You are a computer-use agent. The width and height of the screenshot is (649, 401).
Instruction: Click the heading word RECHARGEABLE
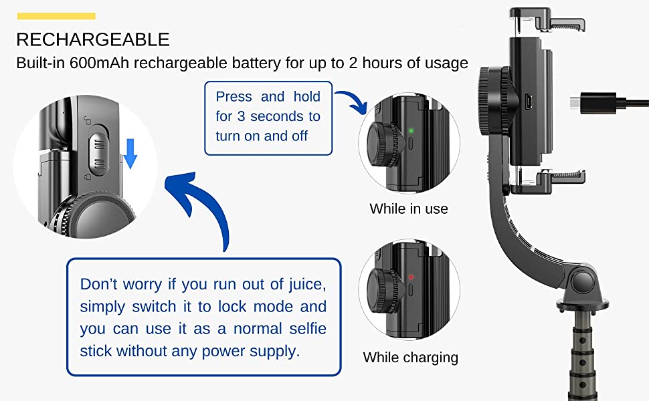tap(93, 39)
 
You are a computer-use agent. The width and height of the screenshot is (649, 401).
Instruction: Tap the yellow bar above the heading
tap(56, 16)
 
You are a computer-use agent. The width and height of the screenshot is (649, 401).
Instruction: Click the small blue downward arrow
tap(130, 153)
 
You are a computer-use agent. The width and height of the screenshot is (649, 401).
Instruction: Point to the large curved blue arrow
tap(201, 207)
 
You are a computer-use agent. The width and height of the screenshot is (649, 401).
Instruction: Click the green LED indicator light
tap(410, 130)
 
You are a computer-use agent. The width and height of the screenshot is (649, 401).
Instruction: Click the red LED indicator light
tap(410, 276)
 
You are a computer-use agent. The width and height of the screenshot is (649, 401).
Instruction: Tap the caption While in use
tap(409, 209)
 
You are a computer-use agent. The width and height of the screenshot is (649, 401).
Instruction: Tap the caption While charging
tap(410, 358)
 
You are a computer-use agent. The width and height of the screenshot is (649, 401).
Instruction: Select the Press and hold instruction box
tap(268, 116)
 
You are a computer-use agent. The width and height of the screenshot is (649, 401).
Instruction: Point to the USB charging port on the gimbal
tap(529, 103)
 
